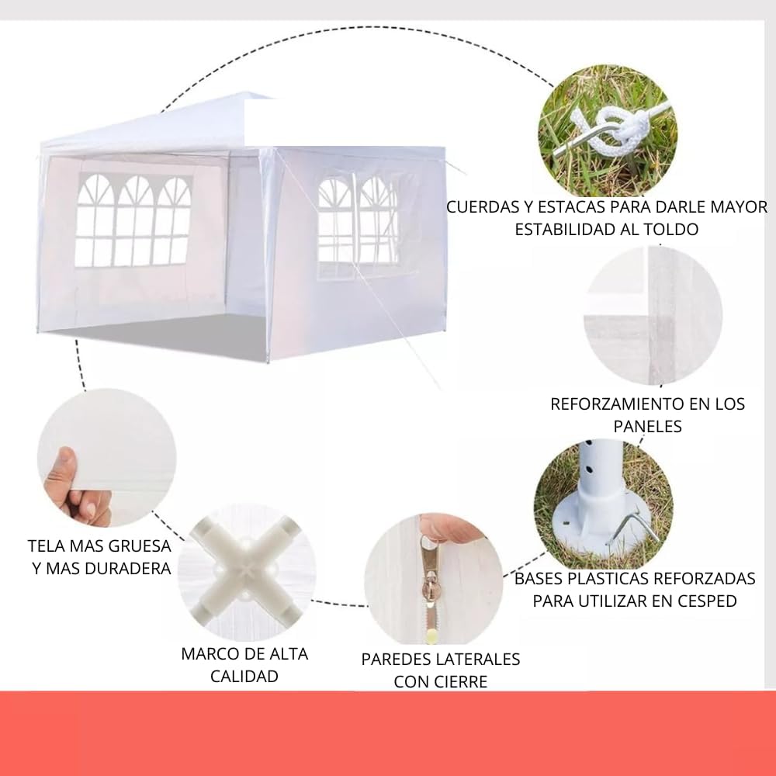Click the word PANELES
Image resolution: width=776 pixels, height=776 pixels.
tap(647, 426)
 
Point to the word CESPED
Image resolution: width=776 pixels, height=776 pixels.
tap(708, 601)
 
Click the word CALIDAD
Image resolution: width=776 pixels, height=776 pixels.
tap(244, 676)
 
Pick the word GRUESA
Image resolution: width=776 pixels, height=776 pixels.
tap(140, 546)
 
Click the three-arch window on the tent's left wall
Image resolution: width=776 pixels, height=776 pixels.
tap(133, 220)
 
